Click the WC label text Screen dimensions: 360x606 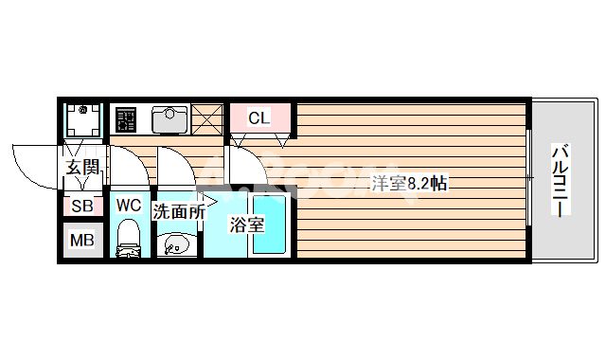point(128,205)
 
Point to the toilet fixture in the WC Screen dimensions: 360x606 point(128,240)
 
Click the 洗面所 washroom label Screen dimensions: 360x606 point(178,212)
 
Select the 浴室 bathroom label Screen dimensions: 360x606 point(246,225)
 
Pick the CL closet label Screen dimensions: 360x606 point(258,118)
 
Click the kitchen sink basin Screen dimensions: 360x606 point(170,119)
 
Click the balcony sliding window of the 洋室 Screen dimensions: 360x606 point(528,180)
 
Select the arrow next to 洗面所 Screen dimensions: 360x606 point(213,201)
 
